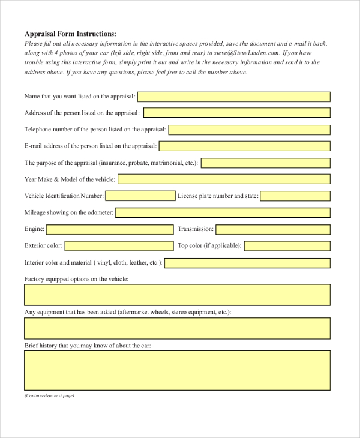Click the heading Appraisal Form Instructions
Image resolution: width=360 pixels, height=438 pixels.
(x=70, y=34)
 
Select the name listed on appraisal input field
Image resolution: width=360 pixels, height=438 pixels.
(x=234, y=96)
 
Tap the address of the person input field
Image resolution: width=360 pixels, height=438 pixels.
(x=236, y=113)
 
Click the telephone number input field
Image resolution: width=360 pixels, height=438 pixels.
(x=249, y=130)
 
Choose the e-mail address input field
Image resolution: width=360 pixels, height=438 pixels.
(x=244, y=146)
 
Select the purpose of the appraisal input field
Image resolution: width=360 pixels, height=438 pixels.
(x=266, y=163)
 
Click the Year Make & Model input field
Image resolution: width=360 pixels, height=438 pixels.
(x=224, y=179)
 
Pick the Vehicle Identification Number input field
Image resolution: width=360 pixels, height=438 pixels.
(x=140, y=196)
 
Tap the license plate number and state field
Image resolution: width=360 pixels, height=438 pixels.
(x=295, y=196)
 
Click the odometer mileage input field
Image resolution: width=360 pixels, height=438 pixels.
(x=223, y=212)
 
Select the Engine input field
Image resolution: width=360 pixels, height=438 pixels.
(x=109, y=229)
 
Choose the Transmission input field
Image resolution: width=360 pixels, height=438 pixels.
(x=273, y=229)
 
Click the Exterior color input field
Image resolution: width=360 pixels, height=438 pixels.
(x=118, y=246)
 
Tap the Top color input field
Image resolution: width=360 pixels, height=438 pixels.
(x=287, y=246)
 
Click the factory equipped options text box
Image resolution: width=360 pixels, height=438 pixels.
(x=177, y=295)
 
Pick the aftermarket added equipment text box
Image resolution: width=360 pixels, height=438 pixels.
(x=177, y=328)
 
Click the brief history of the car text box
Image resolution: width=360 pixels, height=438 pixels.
(x=177, y=370)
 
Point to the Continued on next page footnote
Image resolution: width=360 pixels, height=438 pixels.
(x=49, y=396)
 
